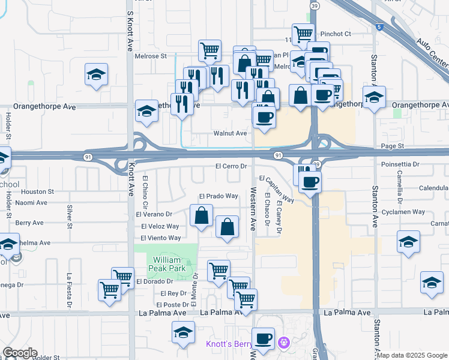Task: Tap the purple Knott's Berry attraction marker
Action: (284, 343)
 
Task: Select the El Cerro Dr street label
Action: (231, 166)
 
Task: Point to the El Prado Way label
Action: (218, 196)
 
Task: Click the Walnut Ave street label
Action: (231, 133)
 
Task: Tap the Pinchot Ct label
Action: (336, 34)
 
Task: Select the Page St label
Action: (393, 146)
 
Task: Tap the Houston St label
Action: (37, 192)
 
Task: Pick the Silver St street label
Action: (70, 217)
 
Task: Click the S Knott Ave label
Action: (130, 29)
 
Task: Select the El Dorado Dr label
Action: (155, 281)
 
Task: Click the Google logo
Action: (20, 353)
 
